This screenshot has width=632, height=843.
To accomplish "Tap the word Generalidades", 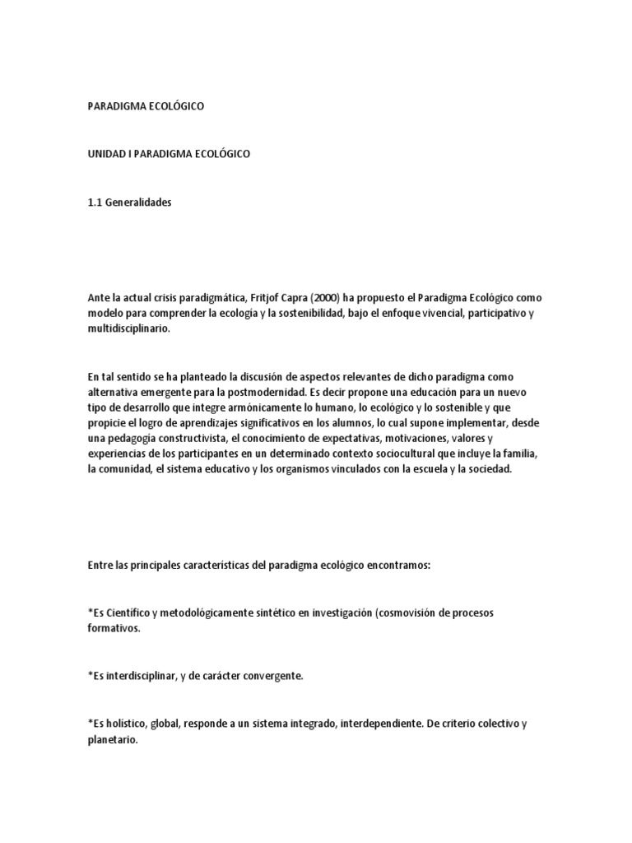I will (x=139, y=202).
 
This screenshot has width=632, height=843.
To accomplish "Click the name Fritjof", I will (x=245, y=297).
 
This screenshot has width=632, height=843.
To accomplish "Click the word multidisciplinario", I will (x=132, y=328).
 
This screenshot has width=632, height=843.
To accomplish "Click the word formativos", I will (x=112, y=629).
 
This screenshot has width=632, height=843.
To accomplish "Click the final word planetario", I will (x=113, y=738).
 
